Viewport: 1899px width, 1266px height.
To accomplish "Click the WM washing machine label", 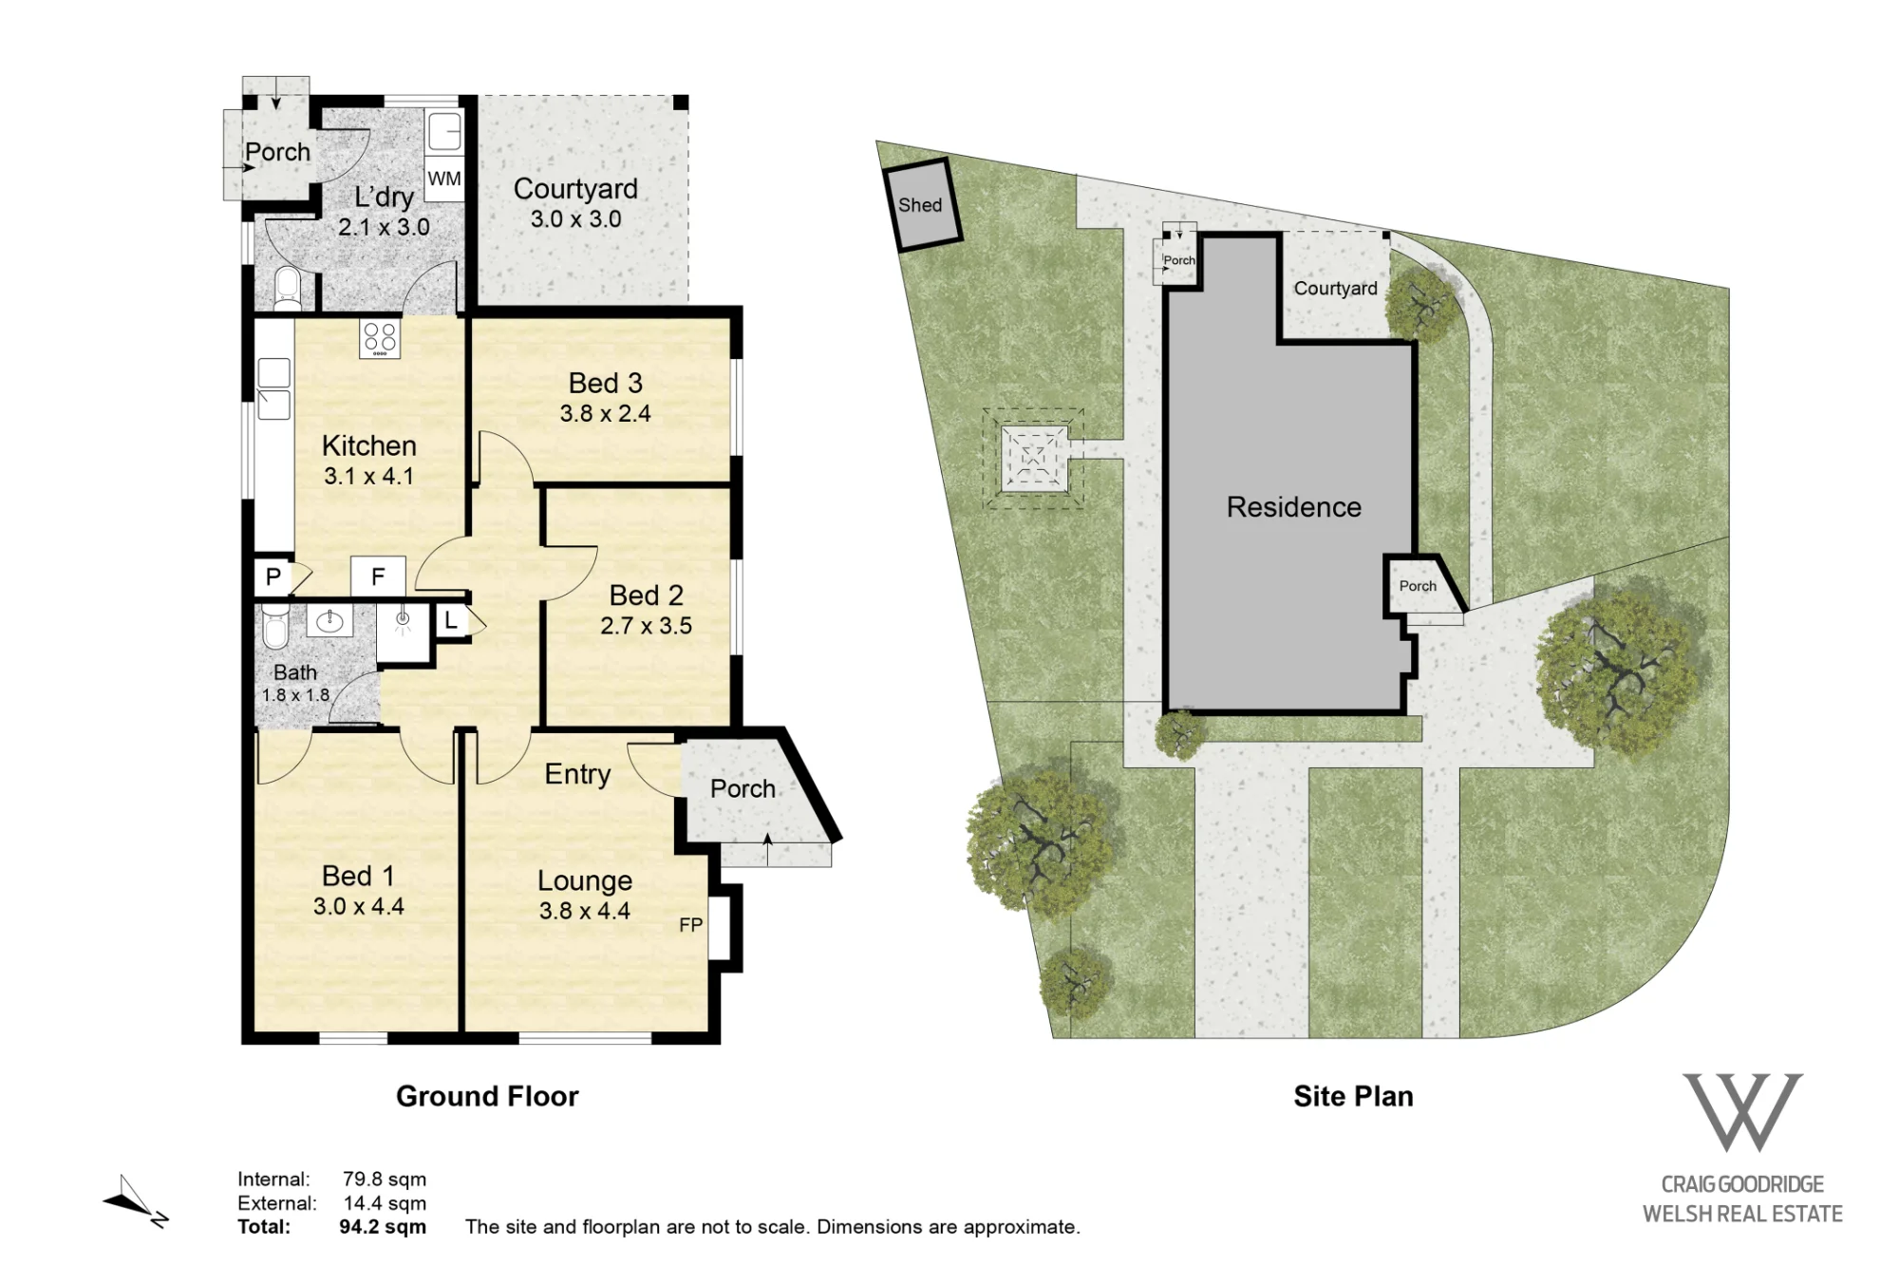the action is coord(444,179).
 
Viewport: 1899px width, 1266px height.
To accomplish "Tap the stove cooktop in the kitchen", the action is coord(380,338).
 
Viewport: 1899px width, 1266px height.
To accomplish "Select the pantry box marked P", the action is coord(273,576).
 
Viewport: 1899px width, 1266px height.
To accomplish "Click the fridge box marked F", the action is coord(378,576).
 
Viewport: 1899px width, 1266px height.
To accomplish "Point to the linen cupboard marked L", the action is coord(451,622).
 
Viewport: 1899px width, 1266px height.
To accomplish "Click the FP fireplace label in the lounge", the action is coord(691,925).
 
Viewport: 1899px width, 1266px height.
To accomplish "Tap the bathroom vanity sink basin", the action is coord(329,621).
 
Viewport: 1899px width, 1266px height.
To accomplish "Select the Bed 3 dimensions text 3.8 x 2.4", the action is coord(605,413).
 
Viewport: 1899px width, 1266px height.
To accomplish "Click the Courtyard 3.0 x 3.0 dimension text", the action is coord(575,218).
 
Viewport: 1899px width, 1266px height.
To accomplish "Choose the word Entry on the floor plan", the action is coord(577,774).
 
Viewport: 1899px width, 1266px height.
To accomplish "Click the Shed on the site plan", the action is coord(922,204).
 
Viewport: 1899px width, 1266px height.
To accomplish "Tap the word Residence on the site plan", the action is coord(1293,507).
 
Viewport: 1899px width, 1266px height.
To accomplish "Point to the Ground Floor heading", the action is coord(487,1096).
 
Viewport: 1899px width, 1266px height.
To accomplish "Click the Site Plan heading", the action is coord(1353,1096).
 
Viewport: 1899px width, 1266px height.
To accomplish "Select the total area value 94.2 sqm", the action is coord(383,1226).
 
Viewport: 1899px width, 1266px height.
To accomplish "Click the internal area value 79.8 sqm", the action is coord(385,1180).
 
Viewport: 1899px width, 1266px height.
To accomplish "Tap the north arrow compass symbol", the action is coord(136,1202).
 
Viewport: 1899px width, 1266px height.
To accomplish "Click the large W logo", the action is coord(1742,1112).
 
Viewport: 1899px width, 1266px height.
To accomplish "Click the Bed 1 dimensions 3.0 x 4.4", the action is coord(359,906).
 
